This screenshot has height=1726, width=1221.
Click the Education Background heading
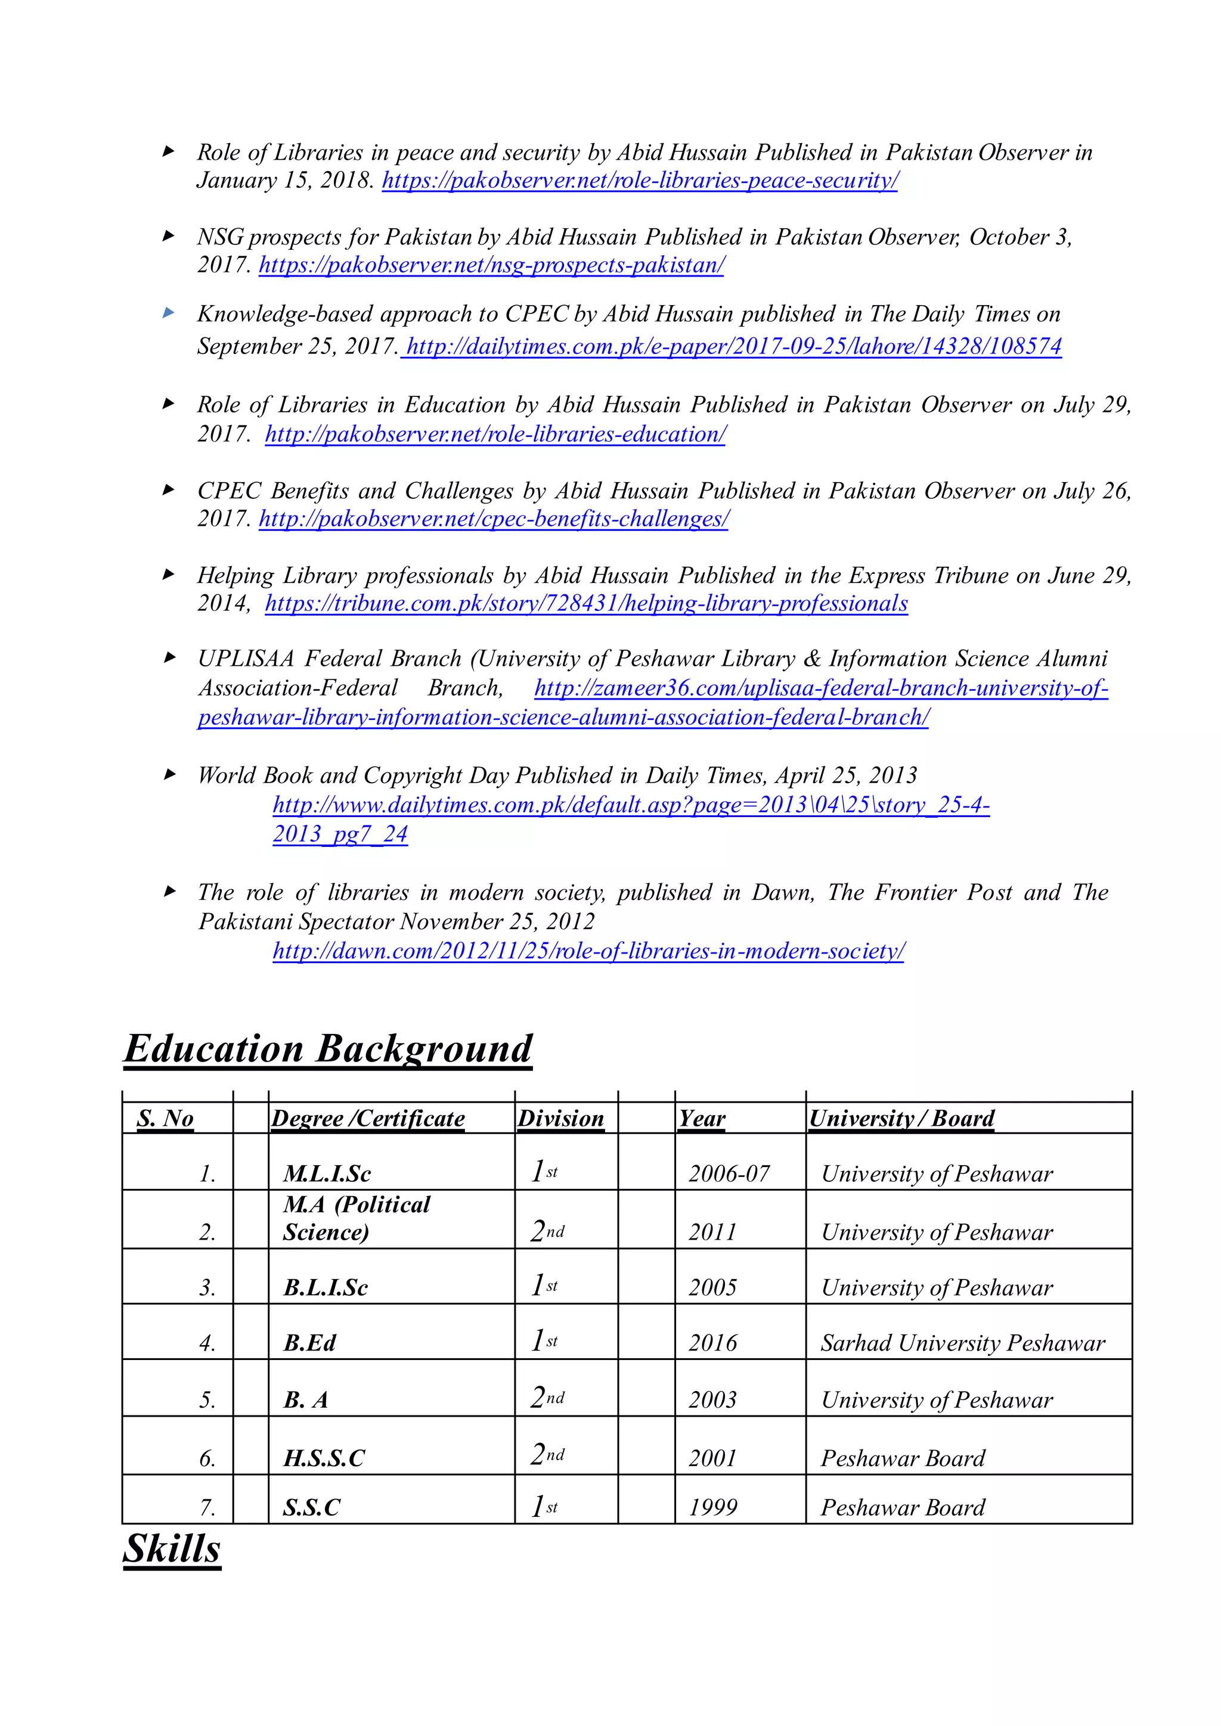tap(328, 1049)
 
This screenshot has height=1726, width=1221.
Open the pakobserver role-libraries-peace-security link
tap(640, 181)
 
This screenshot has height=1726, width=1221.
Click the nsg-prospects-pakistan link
tap(491, 265)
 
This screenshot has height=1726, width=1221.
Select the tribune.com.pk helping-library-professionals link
tap(587, 604)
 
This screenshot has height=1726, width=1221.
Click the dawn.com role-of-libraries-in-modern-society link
tap(588, 951)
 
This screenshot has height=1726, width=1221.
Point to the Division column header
tap(561, 1119)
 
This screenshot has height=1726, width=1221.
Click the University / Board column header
tap(901, 1119)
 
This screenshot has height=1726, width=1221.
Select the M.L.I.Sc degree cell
tap(327, 1174)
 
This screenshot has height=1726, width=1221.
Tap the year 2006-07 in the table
tap(729, 1174)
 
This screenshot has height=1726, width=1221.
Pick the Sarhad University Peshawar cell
tap(962, 1343)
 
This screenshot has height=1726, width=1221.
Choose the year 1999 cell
tap(713, 1507)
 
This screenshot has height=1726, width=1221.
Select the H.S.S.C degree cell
tap(323, 1458)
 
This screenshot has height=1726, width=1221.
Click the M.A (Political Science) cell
tap(357, 1219)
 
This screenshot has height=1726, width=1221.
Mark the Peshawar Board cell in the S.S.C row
tap(902, 1507)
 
